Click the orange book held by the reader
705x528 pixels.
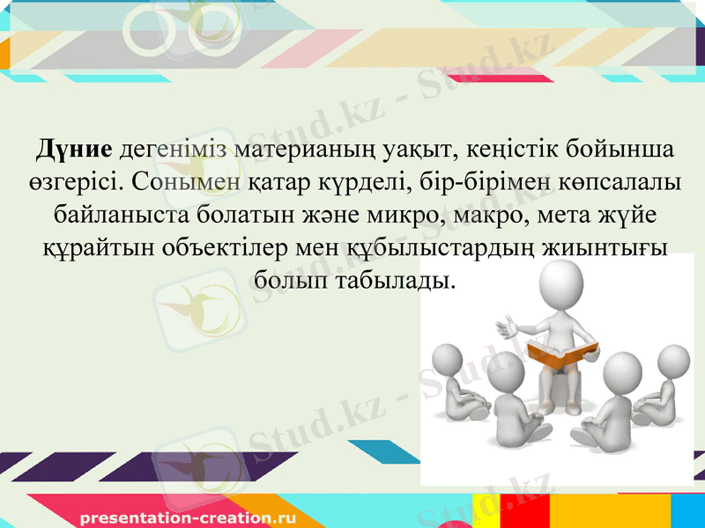point(560,354)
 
